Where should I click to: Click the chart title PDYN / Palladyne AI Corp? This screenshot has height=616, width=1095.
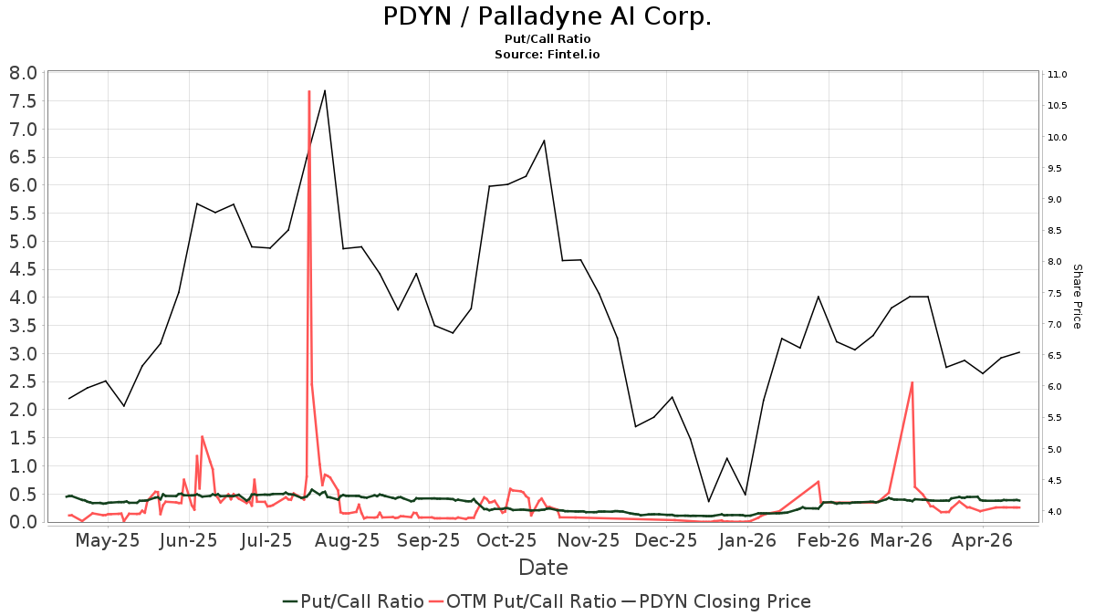[x=547, y=17]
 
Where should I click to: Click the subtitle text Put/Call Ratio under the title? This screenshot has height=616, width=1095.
[x=547, y=39]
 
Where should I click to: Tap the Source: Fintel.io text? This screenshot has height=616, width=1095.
[x=547, y=55]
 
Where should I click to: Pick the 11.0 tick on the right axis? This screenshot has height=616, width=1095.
[x=1058, y=75]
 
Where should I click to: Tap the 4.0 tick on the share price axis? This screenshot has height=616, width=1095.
[x=1058, y=512]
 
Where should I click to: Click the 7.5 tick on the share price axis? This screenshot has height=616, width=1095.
[x=1058, y=294]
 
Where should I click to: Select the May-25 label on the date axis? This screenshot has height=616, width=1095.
[x=108, y=540]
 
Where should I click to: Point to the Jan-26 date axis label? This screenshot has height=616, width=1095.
[x=746, y=540]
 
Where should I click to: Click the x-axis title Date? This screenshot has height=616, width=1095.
[x=543, y=568]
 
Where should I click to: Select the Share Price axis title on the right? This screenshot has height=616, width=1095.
[x=1077, y=296]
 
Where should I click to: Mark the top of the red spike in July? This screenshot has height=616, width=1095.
[x=309, y=91]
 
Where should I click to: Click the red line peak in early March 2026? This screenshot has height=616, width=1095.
[x=912, y=382]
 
